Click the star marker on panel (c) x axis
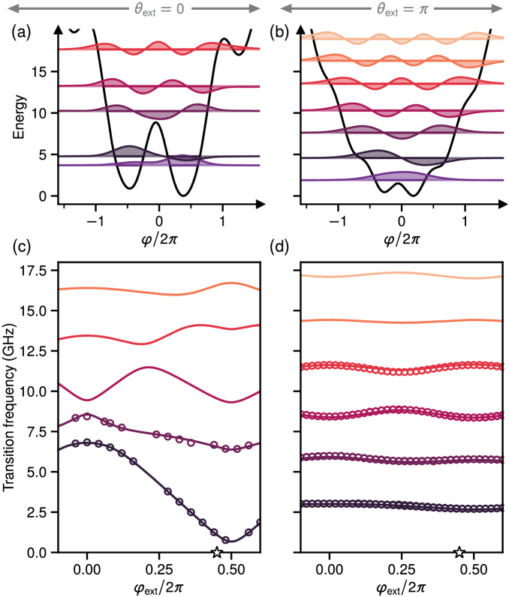(x=217, y=553)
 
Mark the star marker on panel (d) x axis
(x=459, y=553)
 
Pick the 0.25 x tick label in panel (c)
(x=160, y=568)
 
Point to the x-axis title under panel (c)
(x=159, y=586)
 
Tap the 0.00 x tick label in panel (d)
(x=330, y=568)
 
